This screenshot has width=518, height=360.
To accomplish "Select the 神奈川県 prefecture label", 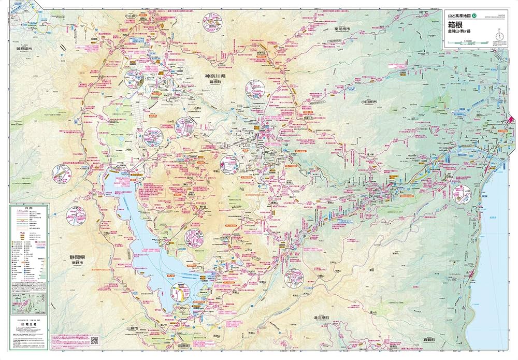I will (x=219, y=76).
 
